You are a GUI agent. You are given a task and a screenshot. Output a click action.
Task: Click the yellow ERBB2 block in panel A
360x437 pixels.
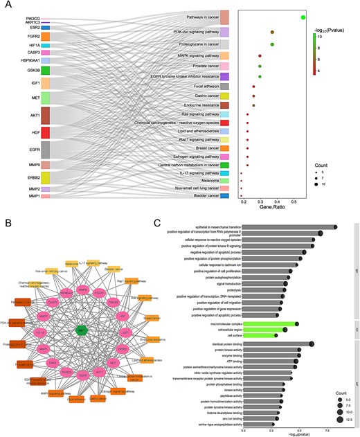45,177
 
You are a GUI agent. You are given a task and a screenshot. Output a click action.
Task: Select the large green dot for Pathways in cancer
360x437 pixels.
303,17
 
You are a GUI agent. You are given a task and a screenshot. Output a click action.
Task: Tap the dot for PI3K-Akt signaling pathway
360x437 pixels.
272,33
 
